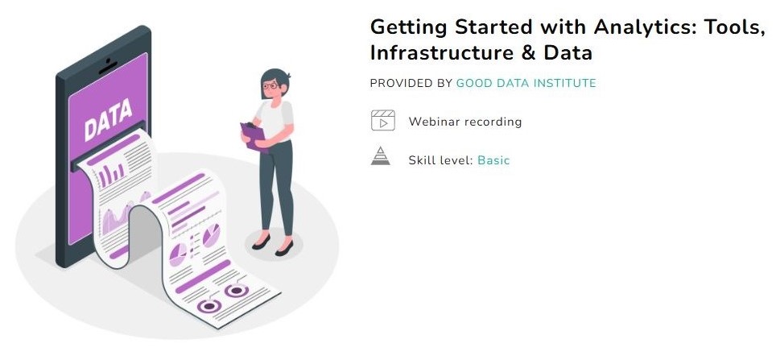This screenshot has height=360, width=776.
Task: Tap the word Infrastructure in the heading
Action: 441,53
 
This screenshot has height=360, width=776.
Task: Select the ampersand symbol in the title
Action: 528,53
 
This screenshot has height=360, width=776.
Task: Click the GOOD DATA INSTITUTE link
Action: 526,83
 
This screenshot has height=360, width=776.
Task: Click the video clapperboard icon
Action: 383,120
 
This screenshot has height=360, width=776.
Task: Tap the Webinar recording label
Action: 465,122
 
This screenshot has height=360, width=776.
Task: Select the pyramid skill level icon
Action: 381,156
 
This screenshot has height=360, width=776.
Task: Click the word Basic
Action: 493,160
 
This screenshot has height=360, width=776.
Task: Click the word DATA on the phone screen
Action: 108,119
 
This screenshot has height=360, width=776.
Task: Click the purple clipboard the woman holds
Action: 254,135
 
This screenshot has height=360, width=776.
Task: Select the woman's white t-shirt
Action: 274,121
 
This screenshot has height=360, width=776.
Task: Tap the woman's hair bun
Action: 287,76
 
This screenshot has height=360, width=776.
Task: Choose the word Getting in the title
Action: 409,27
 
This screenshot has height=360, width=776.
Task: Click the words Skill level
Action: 440,160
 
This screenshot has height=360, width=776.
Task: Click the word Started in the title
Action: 494,27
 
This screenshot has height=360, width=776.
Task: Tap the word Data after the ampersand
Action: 568,53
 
